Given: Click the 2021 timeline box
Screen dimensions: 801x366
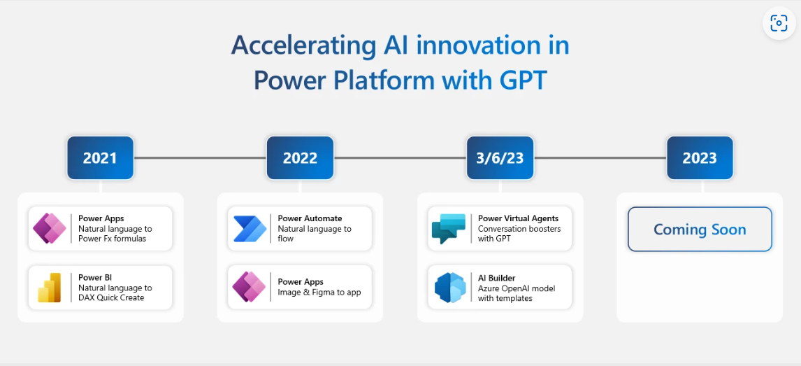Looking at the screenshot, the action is point(100,158).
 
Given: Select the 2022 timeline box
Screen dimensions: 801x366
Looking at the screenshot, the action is point(300,158).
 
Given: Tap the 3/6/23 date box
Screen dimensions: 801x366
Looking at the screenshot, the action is point(500,158).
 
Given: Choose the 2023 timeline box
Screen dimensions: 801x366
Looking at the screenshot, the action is point(700,158).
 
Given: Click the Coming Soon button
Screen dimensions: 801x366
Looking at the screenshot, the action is point(700,229).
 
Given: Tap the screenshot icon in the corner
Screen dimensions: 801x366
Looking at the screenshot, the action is point(779,23).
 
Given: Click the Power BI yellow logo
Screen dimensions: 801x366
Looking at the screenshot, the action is point(50,288).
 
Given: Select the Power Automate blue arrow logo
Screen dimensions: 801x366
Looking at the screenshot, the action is point(250,229).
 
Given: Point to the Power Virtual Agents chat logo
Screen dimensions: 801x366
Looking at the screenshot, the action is point(449,229).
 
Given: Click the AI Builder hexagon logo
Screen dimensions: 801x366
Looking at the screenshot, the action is point(450,288).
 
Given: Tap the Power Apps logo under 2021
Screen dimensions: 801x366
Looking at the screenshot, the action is point(50,228).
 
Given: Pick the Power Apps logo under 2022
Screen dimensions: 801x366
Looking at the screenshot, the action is point(250,287).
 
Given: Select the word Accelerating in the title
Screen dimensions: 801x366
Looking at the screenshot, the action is point(303,46).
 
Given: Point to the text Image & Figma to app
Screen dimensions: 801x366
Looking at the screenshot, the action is point(319,293).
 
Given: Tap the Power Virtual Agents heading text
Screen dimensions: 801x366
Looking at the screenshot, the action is point(518,219).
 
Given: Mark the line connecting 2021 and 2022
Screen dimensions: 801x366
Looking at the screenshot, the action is point(200,158).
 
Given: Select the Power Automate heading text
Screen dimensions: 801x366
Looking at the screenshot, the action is point(310,218).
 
